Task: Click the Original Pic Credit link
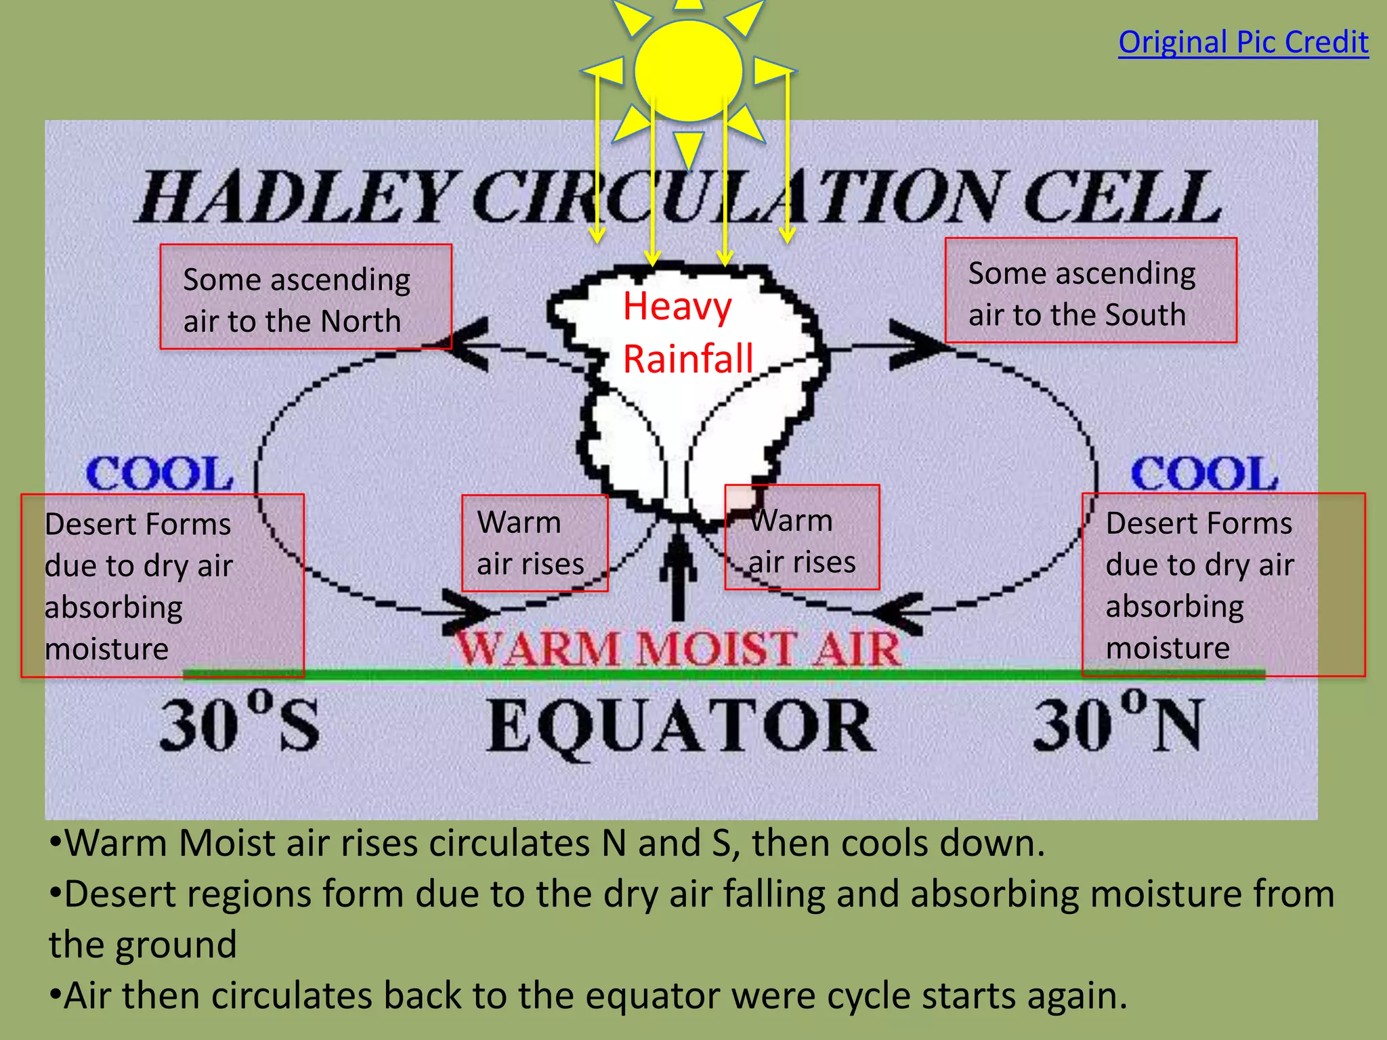pos(1243,43)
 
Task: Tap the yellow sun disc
pos(688,70)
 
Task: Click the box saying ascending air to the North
pos(305,297)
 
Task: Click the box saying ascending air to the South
pos(1090,290)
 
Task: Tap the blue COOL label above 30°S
pos(160,473)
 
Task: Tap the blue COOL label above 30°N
pos(1204,473)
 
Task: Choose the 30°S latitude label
pos(239,724)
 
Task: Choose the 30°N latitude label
pos(1117,724)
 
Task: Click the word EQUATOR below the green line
pos(681,726)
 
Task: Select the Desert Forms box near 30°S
pos(163,586)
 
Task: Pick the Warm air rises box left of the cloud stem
pos(534,543)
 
